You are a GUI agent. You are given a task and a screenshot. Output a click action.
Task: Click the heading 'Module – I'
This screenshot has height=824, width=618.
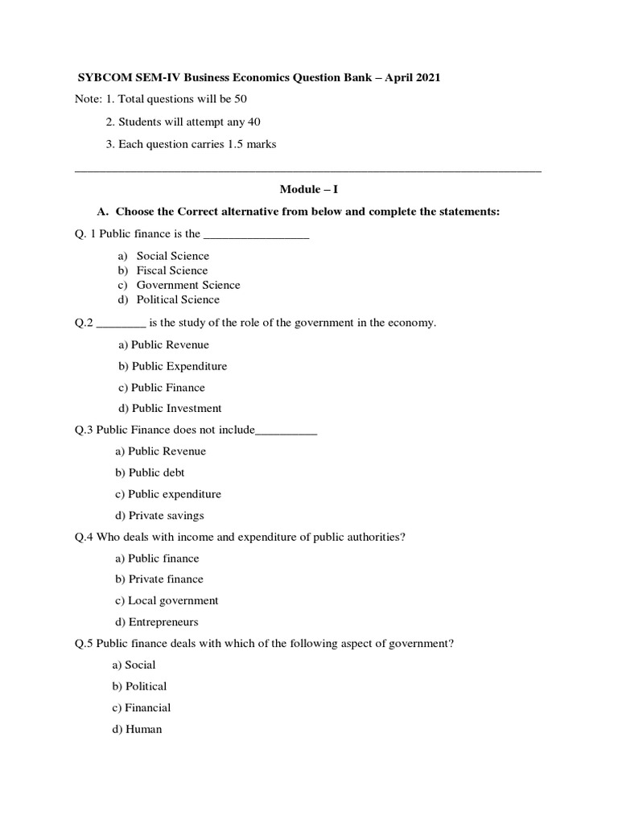coord(308,190)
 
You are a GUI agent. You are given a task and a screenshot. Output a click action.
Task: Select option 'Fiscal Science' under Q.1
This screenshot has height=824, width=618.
coord(171,270)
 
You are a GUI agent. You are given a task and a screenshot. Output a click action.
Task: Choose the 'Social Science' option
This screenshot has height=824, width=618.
coord(172,256)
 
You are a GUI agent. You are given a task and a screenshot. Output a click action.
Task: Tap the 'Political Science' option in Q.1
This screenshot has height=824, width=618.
coord(177,299)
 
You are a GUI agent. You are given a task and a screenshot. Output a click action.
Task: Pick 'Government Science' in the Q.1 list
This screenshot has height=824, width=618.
coord(187,285)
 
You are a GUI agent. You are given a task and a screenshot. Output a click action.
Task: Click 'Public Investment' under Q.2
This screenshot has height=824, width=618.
coord(176,408)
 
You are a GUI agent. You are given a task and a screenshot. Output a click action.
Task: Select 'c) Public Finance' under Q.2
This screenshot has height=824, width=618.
coord(162,387)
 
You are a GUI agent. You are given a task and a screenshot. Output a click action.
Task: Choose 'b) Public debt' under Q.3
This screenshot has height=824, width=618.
coord(150,472)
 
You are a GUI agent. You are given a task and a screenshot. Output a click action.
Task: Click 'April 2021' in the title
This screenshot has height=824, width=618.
coord(410,77)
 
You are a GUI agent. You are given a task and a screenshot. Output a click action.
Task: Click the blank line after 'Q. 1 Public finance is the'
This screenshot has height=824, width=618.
coord(257,235)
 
